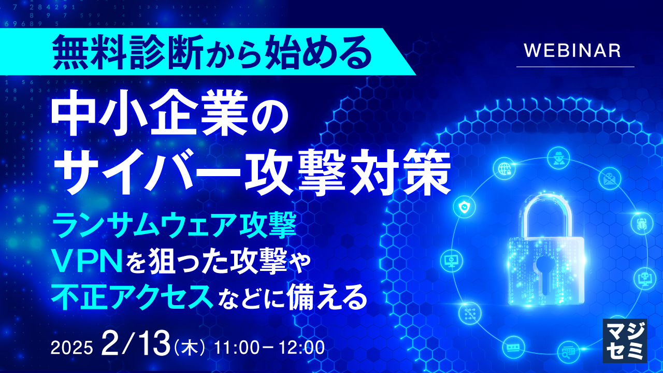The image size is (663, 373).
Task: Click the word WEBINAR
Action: point(572,51)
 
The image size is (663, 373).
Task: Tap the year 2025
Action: point(71,347)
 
